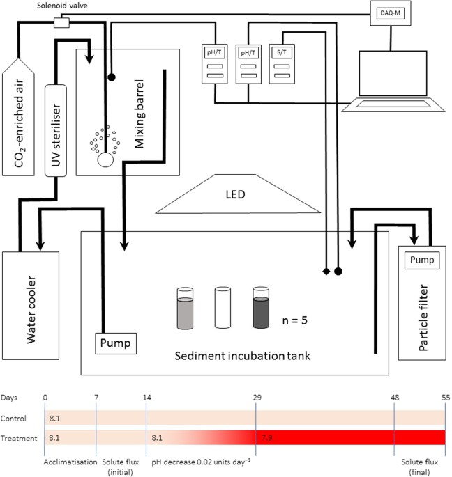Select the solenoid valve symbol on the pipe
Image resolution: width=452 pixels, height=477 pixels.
tap(63, 22)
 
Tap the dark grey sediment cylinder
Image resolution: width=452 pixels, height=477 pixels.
tap(261, 306)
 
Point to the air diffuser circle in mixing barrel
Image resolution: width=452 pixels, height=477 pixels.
tap(106, 159)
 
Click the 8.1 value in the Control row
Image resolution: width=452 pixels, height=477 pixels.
tap(55, 419)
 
